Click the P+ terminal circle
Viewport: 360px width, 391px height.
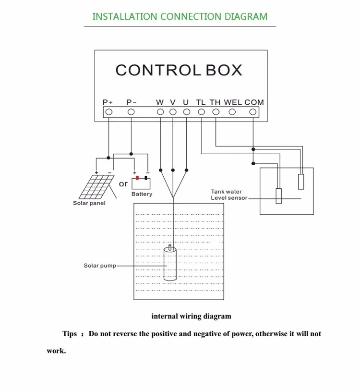coord(108,112)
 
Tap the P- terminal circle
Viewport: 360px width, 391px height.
coord(131,112)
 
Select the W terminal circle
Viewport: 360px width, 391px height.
coord(160,112)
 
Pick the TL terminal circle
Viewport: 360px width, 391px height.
coord(201,112)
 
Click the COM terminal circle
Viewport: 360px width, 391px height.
coord(253,112)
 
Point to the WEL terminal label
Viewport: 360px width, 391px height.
coord(233,102)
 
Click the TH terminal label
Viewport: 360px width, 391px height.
coord(215,102)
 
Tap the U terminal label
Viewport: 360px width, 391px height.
coord(186,102)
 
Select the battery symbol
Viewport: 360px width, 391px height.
coord(141,183)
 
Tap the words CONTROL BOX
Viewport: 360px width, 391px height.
coord(179,70)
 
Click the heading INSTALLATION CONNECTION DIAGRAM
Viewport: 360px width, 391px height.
coord(180,16)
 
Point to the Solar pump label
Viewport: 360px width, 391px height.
coord(100,266)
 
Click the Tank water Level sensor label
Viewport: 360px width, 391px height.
coord(228,195)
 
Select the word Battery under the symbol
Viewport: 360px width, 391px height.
coord(142,194)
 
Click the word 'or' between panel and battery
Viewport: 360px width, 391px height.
coord(123,183)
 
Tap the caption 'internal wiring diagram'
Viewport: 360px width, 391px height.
coord(191,316)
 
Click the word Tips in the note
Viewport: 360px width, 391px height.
coord(70,333)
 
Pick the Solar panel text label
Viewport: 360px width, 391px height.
coord(89,203)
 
